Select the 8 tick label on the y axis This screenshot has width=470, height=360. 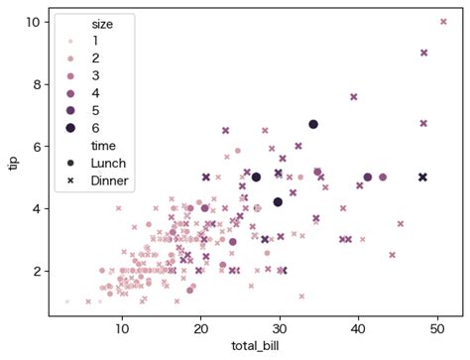click(x=36, y=83)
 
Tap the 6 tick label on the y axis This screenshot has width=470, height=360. click(x=36, y=146)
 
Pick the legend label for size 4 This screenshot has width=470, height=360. click(x=95, y=92)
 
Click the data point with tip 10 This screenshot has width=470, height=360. click(x=443, y=21)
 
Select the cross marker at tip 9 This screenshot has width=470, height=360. click(x=424, y=53)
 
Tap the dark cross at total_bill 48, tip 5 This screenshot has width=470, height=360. click(x=422, y=178)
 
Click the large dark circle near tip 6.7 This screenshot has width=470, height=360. click(x=312, y=124)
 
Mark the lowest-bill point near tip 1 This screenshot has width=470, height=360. click(x=67, y=301)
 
